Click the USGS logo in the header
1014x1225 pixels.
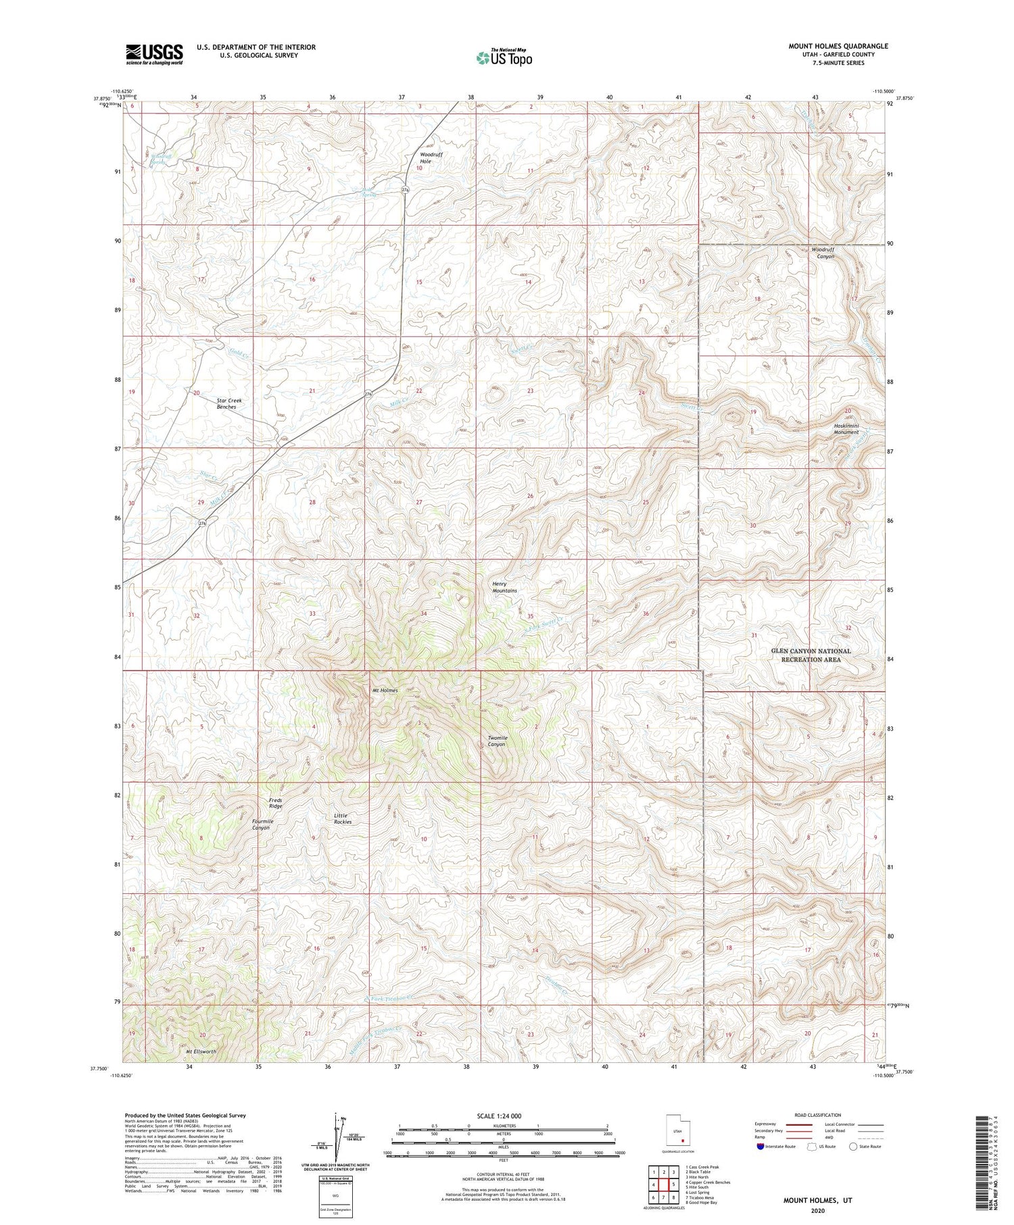(154, 54)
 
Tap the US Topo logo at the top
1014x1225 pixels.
(504, 58)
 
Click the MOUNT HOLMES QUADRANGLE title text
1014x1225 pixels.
(838, 46)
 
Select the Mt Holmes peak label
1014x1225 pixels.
(385, 691)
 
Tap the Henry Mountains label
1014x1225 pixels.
(504, 587)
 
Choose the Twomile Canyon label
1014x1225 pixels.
(498, 741)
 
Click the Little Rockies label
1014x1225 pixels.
(343, 819)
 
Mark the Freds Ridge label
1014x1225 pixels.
(275, 803)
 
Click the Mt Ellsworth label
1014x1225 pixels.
(201, 1052)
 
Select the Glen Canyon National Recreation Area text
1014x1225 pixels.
(811, 655)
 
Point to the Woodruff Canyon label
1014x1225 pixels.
(823, 253)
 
